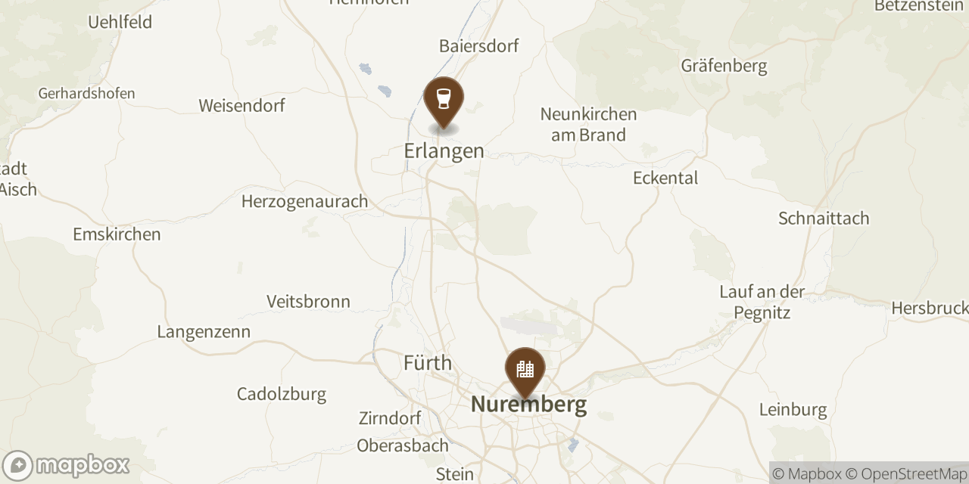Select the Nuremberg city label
[528, 404]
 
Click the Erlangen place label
[444, 150]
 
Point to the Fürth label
[428, 363]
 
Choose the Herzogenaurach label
[304, 201]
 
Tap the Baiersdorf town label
[479, 46]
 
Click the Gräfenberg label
[724, 66]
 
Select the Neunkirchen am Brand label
[588, 125]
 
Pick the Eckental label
[665, 178]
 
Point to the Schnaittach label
[824, 219]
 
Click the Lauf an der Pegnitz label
[762, 302]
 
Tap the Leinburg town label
[793, 410]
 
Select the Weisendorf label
[241, 105]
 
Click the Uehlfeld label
[120, 22]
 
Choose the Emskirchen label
[117, 234]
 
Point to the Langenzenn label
[204, 332]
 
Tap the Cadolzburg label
[281, 394]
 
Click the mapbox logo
[67, 465]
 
